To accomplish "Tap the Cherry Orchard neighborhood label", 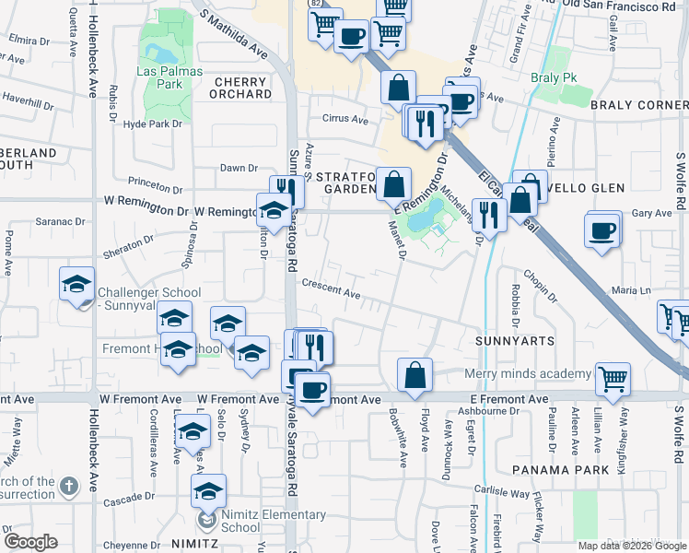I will (243, 88).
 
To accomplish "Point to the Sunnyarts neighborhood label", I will (515, 341).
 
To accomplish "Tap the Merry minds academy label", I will (527, 373).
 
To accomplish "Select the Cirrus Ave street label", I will (345, 120).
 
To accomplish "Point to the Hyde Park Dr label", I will (153, 124).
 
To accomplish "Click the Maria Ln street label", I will (631, 290).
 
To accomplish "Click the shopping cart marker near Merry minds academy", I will (613, 376).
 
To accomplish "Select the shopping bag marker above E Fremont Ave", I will (415, 373).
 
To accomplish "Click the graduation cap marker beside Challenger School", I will (77, 283).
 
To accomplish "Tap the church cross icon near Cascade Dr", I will (70, 485).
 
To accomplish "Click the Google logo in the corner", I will (30, 542).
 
